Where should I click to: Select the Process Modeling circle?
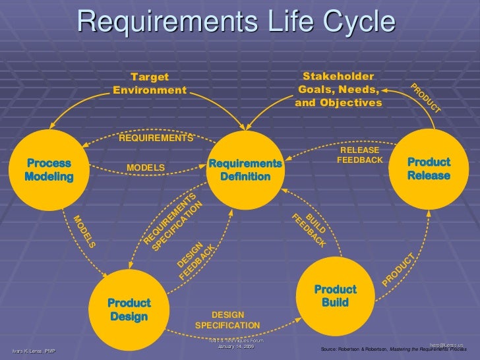click(49, 169)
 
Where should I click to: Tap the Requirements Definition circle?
click(245, 169)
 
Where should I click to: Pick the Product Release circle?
click(429, 169)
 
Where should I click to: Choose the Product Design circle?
click(129, 310)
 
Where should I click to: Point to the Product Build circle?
click(335, 296)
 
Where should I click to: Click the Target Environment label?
click(150, 84)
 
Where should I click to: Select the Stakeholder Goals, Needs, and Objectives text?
click(339, 90)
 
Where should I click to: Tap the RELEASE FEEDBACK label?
click(359, 156)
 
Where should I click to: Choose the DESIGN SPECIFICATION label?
click(227, 320)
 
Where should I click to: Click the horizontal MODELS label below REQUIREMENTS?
click(146, 168)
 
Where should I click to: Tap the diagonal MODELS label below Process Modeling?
click(84, 232)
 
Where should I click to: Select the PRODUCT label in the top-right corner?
click(425, 98)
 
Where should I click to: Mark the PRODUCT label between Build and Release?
click(399, 270)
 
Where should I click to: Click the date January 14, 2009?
click(235, 347)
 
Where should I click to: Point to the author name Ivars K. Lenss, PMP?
click(34, 351)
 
